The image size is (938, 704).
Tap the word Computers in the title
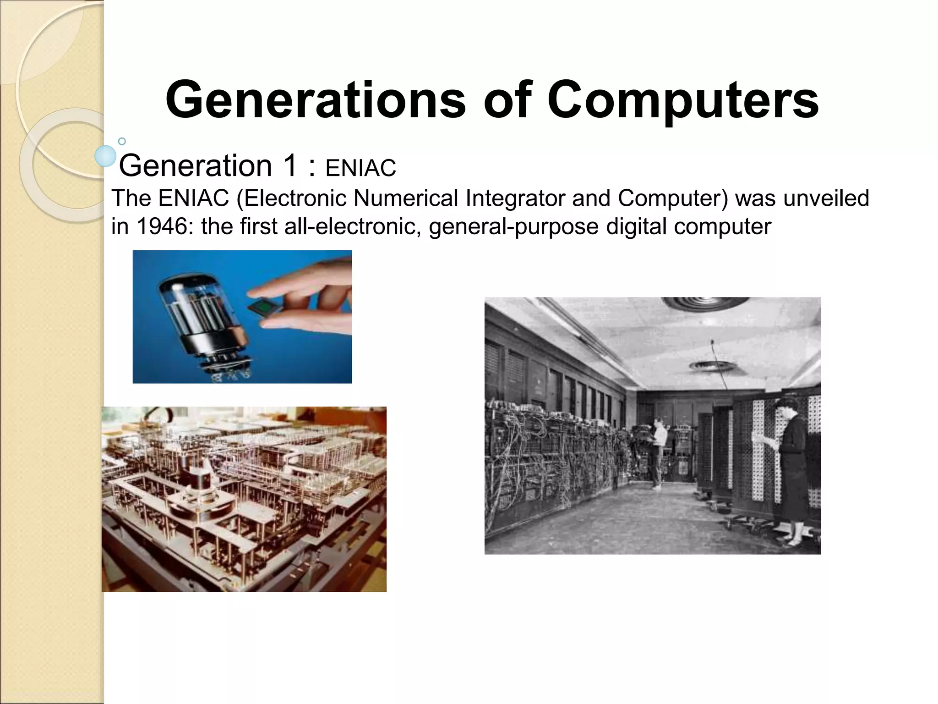(682, 100)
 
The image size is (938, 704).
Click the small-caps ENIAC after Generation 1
(360, 168)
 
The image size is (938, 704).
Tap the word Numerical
(406, 198)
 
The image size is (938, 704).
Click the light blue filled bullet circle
(106, 156)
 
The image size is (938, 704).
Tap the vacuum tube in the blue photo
(202, 312)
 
